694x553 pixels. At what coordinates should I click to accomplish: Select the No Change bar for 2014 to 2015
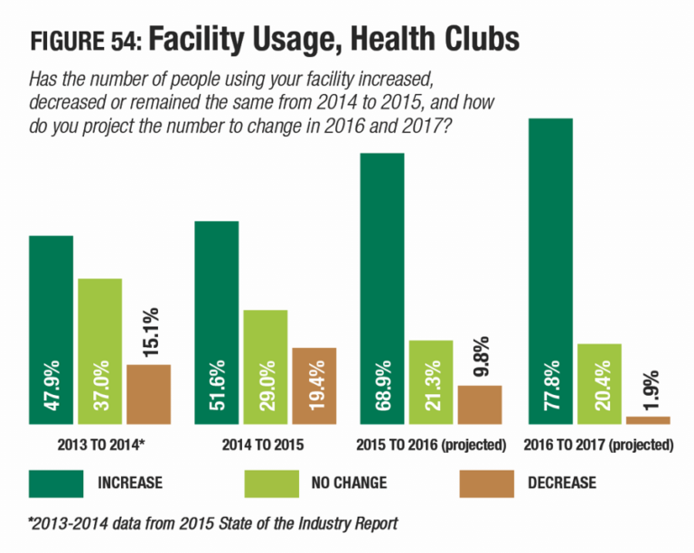tap(266, 367)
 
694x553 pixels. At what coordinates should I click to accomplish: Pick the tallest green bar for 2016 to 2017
tap(551, 271)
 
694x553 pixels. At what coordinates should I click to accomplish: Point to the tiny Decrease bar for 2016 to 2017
tap(648, 420)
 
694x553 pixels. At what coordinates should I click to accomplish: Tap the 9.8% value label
tap(480, 358)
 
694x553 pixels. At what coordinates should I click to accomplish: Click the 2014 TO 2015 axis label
tap(265, 445)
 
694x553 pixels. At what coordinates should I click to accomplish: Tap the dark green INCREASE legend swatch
tap(54, 483)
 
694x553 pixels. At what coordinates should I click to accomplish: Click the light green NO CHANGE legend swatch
tap(270, 483)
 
